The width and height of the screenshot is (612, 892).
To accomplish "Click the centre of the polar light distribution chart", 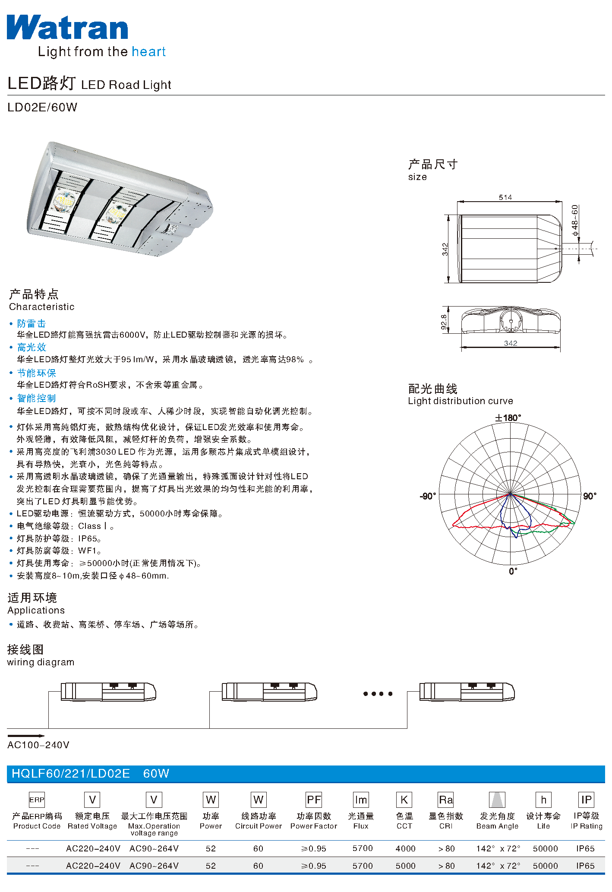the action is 510,493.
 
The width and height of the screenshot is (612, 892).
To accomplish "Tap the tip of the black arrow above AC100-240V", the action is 45,736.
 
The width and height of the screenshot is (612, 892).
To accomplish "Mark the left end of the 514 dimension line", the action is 457,202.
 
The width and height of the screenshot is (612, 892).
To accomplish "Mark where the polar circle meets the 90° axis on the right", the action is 581,493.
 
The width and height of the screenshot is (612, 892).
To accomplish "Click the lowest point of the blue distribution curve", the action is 516,538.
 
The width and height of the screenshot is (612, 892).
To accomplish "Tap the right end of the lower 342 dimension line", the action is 560,347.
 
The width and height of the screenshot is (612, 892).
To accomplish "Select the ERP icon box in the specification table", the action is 37,800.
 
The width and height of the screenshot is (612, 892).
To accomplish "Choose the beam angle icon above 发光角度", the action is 497,800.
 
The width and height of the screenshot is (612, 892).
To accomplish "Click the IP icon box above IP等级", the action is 586,800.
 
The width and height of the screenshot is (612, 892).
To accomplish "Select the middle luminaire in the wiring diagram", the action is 269,692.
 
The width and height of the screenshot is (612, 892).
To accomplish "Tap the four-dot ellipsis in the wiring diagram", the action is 378,694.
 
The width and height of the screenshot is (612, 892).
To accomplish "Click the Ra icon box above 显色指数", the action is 446,800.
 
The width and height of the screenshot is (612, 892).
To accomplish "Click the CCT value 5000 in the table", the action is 405,866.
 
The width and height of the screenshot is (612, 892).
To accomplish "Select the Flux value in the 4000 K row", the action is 362,848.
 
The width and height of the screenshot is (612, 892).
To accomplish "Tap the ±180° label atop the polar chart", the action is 508,418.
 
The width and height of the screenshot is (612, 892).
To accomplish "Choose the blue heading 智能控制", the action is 37,398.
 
